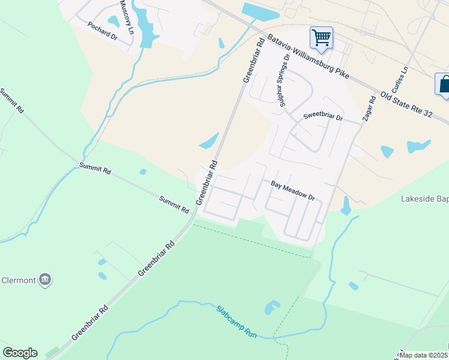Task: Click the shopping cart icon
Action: point(321,37)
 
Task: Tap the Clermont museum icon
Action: point(44,280)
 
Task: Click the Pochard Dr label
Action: point(102,32)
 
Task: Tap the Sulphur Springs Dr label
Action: point(284,82)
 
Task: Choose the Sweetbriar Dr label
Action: point(322,116)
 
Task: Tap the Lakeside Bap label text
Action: point(424,198)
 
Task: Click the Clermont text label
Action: point(19,280)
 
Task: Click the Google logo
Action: point(20,353)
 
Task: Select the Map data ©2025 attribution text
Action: point(423,355)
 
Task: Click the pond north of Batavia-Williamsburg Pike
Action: point(261,12)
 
